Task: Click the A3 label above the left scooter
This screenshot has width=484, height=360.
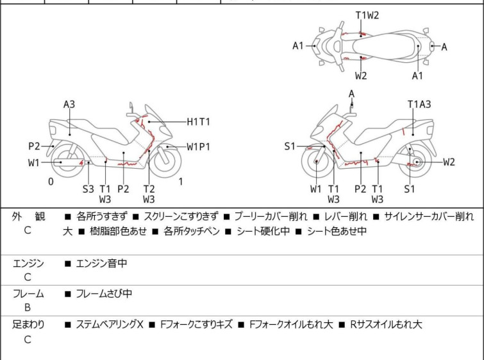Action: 69,104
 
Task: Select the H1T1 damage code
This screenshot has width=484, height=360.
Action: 199,121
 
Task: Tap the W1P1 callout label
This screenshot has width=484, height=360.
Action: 199,146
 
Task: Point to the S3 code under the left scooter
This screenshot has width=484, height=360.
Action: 88,189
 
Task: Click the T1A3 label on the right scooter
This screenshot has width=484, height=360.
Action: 419,104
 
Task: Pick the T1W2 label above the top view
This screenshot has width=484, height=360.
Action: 367,15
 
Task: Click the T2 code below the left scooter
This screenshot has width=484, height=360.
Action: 149,189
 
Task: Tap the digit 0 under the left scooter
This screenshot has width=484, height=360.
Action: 51,182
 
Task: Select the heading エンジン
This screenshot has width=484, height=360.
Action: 29,263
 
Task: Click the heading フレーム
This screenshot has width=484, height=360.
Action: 29,294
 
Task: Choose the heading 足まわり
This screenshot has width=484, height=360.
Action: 29,325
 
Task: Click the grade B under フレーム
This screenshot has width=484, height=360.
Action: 28,308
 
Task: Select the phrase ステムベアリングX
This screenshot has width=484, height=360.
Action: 110,325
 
